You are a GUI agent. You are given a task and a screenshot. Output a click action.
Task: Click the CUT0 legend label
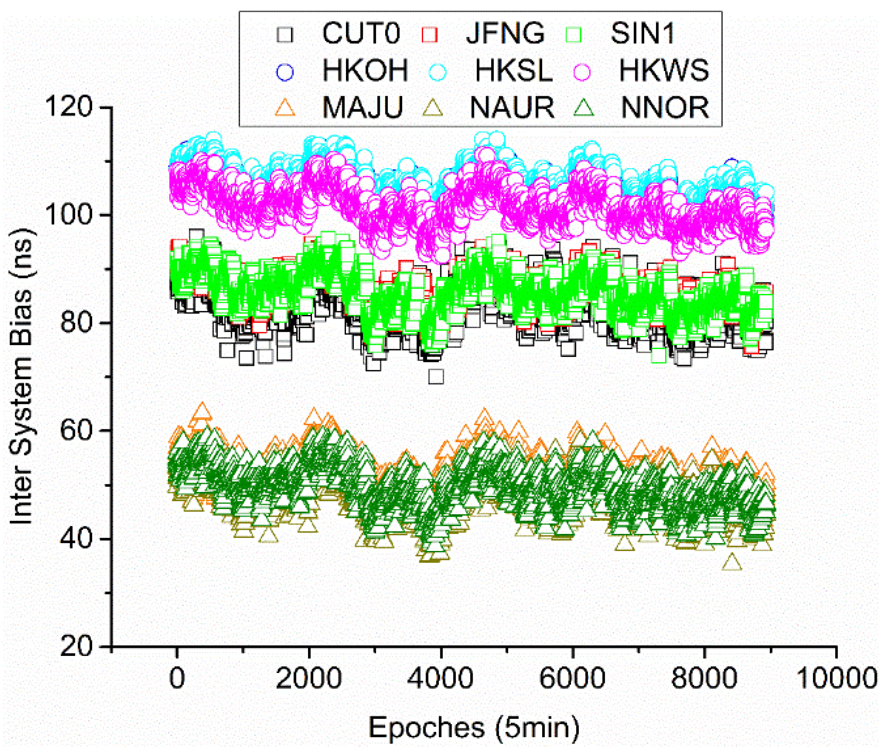coord(361,33)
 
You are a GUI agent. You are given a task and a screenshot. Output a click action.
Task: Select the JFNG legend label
coord(505,33)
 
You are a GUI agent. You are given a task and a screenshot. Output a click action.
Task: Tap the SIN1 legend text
coord(642,33)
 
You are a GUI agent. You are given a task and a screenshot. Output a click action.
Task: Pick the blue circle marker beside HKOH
coord(284,71)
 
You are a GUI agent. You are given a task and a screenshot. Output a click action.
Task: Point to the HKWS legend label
coord(664,70)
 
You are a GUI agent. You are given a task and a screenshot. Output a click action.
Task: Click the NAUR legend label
coord(512,108)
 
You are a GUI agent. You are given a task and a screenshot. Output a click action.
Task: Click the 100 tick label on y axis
coord(69,215)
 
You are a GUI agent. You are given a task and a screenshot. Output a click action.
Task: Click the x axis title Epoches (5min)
coord(474,728)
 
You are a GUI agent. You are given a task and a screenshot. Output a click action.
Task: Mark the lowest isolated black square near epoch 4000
coord(436,377)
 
